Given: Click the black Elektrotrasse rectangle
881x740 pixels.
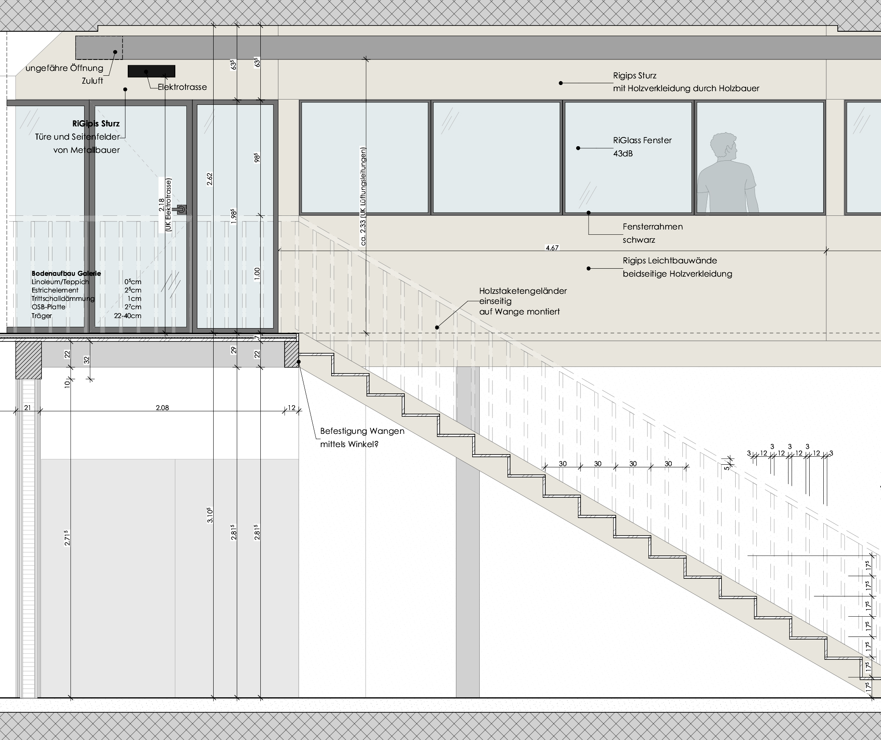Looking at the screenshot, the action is coord(151,71).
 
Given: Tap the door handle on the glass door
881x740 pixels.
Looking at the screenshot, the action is coord(181,210).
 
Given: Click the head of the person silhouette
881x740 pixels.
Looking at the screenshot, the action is coord(724,147).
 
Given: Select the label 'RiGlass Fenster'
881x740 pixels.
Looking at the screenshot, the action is coord(642,141).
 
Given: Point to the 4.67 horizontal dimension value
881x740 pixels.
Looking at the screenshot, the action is coord(552,248).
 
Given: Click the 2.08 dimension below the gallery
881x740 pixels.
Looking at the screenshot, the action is coord(162,408).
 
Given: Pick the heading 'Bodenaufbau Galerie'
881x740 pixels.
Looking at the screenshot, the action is coord(66,274).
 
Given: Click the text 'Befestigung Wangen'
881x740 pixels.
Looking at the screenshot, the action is coord(362,431).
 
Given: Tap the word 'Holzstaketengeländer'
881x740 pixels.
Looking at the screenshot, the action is coord(523,291).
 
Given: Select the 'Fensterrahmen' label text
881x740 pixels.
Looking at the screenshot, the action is coord(653,227).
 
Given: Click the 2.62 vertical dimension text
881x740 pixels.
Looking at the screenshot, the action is coord(210,179).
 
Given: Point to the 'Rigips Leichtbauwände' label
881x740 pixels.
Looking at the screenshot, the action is coord(670,261).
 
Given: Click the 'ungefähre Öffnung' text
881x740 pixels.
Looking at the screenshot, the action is coord(64,68).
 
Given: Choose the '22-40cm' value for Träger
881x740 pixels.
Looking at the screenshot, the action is coord(127,316).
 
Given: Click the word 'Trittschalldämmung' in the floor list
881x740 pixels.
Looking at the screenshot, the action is coord(63,299).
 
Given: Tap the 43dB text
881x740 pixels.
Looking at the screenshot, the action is coord(623,154).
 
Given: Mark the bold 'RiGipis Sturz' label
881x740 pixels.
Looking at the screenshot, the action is coord(96,124).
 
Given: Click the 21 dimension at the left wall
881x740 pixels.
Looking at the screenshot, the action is coord(27,408).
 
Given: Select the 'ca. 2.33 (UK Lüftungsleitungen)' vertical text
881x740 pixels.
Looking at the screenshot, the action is coord(363,196).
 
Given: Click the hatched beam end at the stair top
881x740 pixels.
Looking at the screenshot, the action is coord(292,355).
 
